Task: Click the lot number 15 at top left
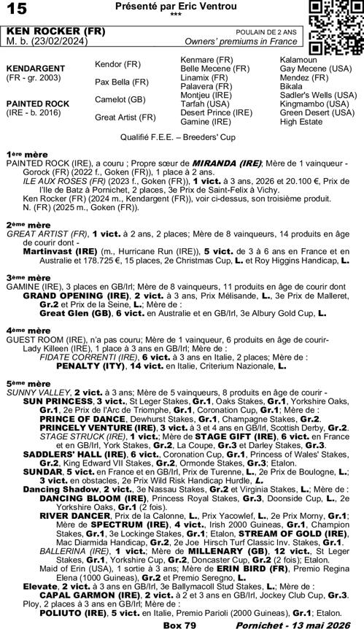17,8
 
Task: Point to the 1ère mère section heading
20,155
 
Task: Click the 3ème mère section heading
20,278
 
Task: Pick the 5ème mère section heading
20,383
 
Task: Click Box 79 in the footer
179,622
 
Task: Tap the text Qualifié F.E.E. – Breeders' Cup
181,136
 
